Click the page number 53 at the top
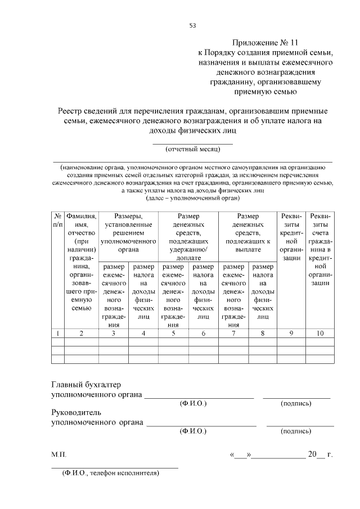192,25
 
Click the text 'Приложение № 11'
263,42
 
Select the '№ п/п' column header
57,220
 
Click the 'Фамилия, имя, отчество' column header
82,262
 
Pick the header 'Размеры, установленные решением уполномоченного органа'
128,232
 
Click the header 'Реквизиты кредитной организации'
291,236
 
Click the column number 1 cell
57,334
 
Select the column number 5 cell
173,334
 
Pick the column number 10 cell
320,334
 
